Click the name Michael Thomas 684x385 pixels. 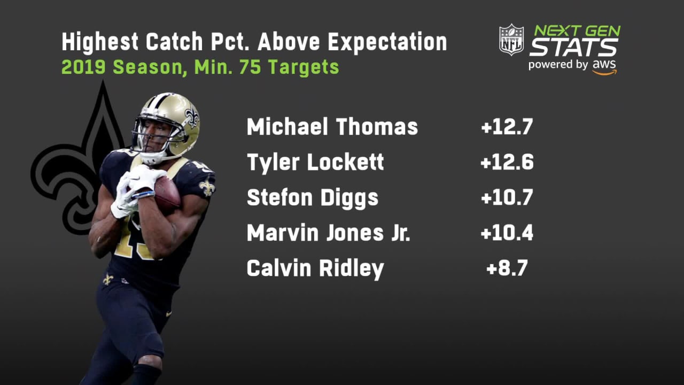click(x=332, y=127)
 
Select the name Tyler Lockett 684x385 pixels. click(x=315, y=163)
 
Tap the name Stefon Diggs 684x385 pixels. click(x=312, y=198)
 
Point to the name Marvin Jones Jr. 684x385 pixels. click(x=328, y=233)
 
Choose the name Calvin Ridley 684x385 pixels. click(x=315, y=268)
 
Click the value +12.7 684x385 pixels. click(x=507, y=127)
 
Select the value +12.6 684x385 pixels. click(x=507, y=163)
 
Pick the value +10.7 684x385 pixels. click(x=507, y=198)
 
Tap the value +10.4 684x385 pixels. click(x=507, y=233)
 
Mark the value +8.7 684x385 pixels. click(x=507, y=268)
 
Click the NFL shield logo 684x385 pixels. click(x=511, y=40)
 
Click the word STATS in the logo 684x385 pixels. click(x=573, y=48)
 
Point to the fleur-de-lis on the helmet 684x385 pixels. click(x=191, y=117)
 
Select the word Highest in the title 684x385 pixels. click(x=97, y=42)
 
